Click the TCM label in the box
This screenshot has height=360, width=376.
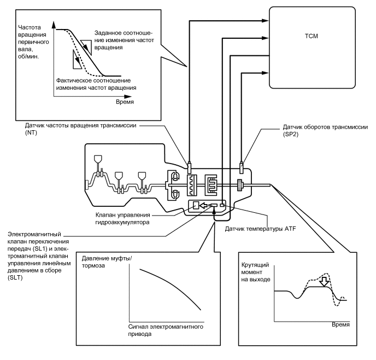tap(312, 36)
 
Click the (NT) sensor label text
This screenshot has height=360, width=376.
tap(31, 132)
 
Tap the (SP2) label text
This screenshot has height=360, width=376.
tap(291, 134)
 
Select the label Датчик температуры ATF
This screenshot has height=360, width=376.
tap(261, 229)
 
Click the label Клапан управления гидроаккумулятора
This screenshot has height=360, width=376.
tap(122, 218)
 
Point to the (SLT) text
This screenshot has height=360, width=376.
tap(15, 278)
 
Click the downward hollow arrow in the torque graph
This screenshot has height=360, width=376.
tap(325, 282)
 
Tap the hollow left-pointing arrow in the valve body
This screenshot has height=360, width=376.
tap(204, 205)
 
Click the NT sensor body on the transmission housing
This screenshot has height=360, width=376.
tap(190, 167)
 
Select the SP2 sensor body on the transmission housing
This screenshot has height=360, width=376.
tap(242, 167)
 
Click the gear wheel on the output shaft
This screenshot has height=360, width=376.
tap(240, 185)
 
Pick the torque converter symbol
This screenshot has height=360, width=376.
tap(173, 185)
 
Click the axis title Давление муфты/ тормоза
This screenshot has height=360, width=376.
tap(107, 262)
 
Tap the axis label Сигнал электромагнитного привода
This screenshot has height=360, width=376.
tap(166, 330)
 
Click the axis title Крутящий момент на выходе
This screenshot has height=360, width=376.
tap(256, 272)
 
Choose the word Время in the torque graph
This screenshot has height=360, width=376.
tap(341, 325)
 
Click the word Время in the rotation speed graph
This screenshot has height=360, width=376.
tap(125, 102)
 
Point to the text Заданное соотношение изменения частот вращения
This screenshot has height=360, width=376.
tap(124, 40)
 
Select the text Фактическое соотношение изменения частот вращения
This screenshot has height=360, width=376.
tap(96, 84)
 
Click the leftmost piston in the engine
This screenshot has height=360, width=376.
tap(98, 159)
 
